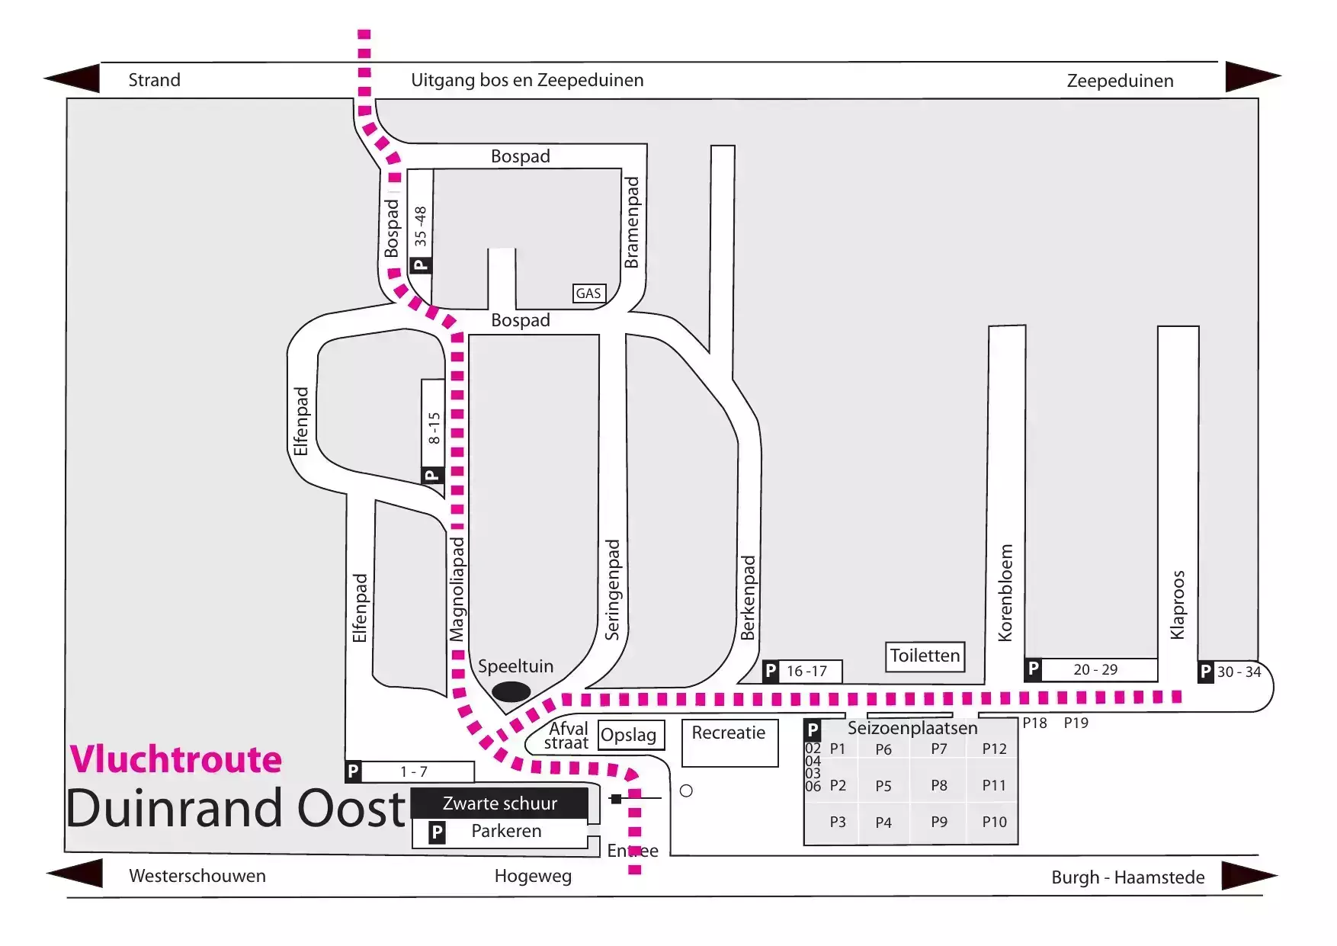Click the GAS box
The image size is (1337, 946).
(588, 293)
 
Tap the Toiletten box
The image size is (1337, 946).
(925, 656)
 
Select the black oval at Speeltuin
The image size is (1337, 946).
(511, 691)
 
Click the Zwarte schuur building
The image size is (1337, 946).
(500, 803)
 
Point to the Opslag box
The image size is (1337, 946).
(631, 735)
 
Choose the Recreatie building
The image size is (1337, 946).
(729, 742)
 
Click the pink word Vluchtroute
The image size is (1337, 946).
(176, 759)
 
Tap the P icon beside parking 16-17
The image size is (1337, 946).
(771, 671)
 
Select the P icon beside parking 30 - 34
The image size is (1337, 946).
(1206, 672)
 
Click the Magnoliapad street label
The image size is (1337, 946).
(456, 589)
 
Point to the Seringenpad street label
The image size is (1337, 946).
(612, 590)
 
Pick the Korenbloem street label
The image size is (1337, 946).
(1005, 593)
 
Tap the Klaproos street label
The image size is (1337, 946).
(1178, 604)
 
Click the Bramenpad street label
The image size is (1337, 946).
(631, 223)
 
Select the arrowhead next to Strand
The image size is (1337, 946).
(72, 79)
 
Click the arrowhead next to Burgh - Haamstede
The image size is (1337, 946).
(1250, 875)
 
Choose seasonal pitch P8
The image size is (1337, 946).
(939, 785)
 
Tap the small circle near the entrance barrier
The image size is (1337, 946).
(686, 790)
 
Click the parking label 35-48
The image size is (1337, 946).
(421, 226)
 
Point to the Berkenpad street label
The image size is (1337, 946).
(748, 598)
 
